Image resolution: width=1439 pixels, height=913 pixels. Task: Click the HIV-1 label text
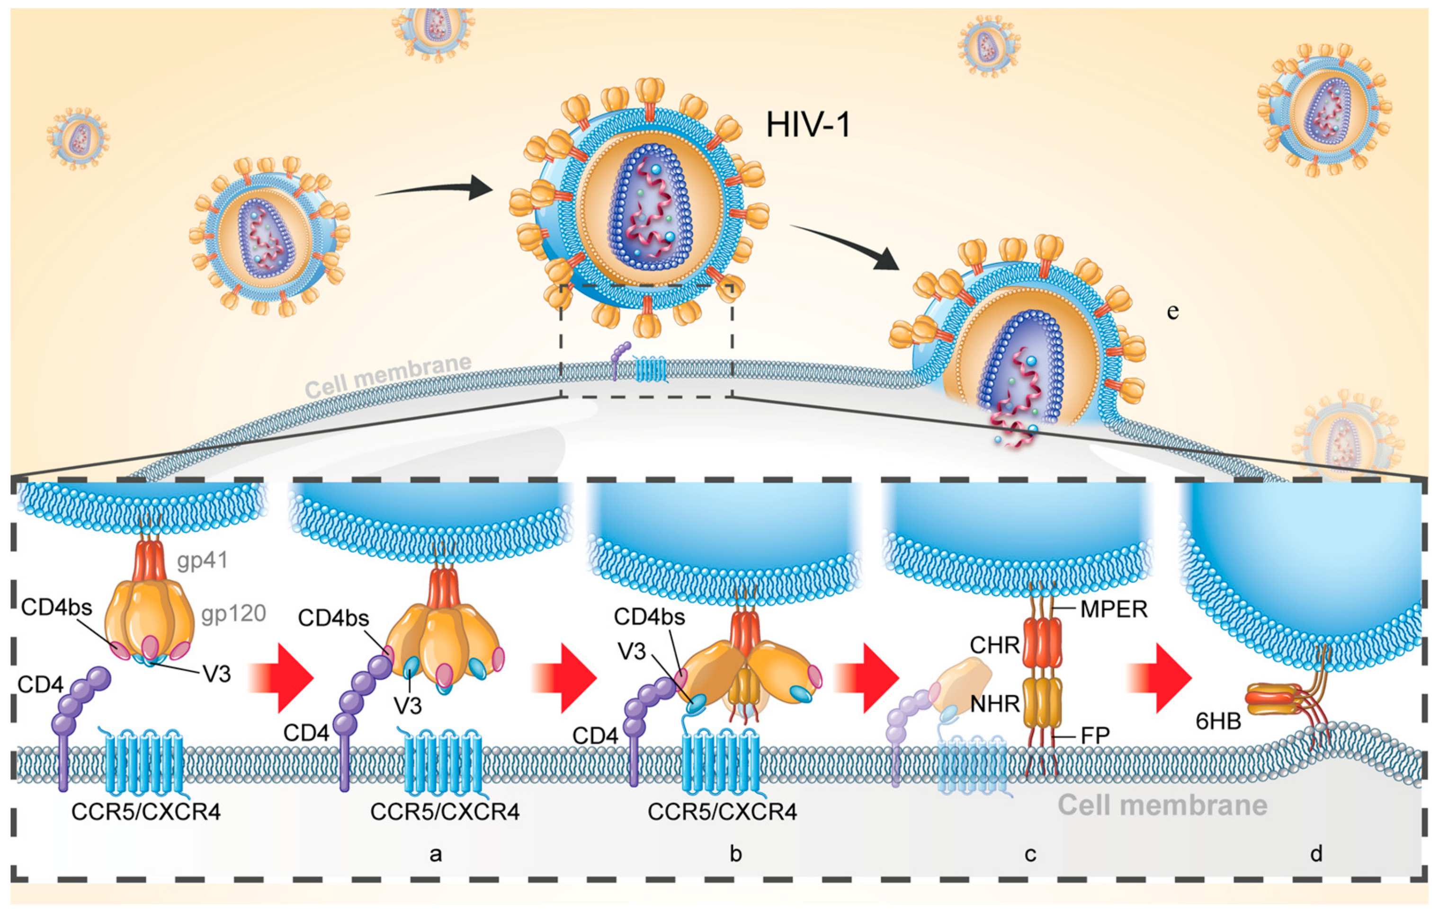pyautogui.click(x=807, y=125)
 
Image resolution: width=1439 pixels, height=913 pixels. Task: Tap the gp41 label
pyautogui.click(x=202, y=560)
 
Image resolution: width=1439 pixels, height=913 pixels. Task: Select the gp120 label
pyautogui.click(x=233, y=614)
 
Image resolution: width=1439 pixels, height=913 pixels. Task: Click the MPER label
pyautogui.click(x=1114, y=610)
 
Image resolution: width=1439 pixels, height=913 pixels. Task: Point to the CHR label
pyautogui.click(x=994, y=645)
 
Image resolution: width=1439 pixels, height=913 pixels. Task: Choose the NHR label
pyautogui.click(x=994, y=704)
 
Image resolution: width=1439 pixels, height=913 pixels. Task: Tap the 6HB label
pyautogui.click(x=1218, y=722)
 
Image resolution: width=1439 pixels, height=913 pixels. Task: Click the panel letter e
pyautogui.click(x=1172, y=311)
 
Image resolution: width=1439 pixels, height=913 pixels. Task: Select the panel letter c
pyautogui.click(x=1030, y=854)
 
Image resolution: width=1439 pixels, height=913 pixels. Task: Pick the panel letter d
pyautogui.click(x=1316, y=854)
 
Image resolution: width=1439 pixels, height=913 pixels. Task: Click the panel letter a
pyautogui.click(x=436, y=854)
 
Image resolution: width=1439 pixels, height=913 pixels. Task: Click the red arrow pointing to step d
pyautogui.click(x=1159, y=678)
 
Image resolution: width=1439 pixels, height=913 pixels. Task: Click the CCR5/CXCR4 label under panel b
pyautogui.click(x=722, y=811)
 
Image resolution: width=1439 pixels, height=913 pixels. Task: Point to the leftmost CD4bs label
pyautogui.click(x=56, y=608)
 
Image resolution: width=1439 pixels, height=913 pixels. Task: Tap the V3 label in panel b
pyautogui.click(x=632, y=651)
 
